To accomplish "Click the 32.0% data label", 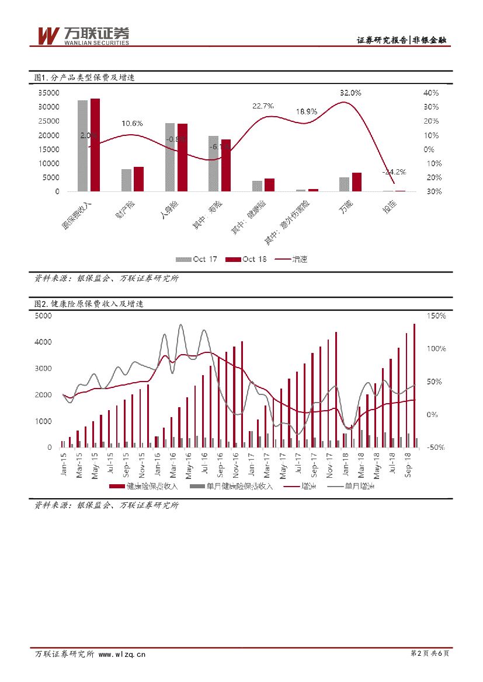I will [350, 93].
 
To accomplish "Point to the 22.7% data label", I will [263, 106].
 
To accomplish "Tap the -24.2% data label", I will [394, 172].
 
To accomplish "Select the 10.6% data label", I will [132, 124].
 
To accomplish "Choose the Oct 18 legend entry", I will [246, 259].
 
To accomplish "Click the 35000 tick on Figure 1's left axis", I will [49, 93].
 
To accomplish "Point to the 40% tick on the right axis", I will [431, 93].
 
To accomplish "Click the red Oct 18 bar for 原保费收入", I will [95, 145].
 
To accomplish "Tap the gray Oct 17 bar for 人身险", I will [170, 157].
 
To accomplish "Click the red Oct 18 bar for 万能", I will [357, 182].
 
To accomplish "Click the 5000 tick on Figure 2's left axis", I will [44, 316].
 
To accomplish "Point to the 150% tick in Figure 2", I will [436, 316].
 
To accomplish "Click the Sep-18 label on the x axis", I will [409, 466].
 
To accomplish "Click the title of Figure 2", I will [89, 304].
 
